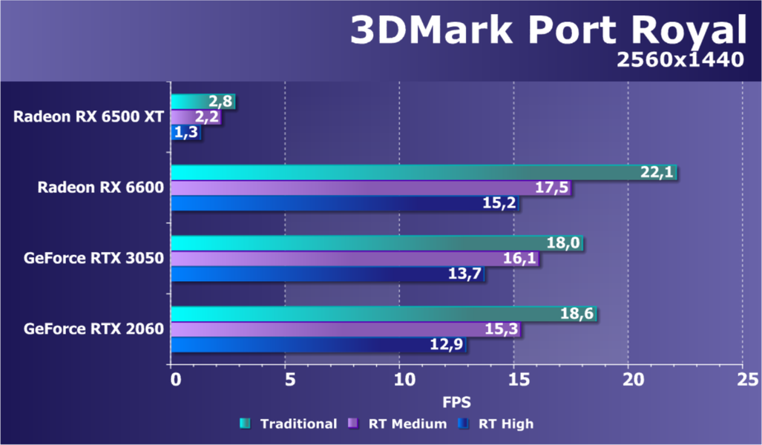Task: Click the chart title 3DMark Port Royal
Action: point(548,31)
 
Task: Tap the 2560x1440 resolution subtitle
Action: point(680,60)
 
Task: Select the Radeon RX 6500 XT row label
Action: point(88,117)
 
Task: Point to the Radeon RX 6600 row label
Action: point(101,188)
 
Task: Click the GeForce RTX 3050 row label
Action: point(93,258)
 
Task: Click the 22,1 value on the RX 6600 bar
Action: point(657,173)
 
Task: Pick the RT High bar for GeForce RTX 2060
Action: point(319,345)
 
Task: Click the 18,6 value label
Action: point(577,314)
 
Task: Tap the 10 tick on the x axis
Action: point(399,379)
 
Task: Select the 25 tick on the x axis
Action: point(742,379)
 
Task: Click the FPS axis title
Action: point(456,401)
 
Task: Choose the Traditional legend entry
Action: point(289,424)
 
